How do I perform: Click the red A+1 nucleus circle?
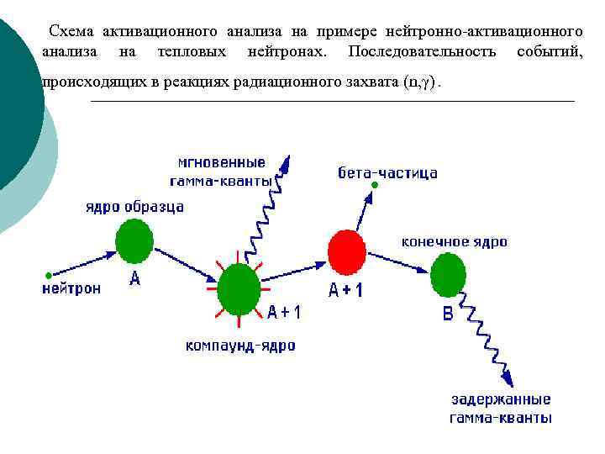coord(347,251)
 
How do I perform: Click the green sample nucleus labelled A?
coord(134,240)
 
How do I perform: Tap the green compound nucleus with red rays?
coord(239,288)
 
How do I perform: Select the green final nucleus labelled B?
coord(448,275)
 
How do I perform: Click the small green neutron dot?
coord(49,274)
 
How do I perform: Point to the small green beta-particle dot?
coord(376,185)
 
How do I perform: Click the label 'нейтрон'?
coord(71,288)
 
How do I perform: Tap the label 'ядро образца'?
coord(134,207)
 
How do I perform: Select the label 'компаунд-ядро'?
coord(240,346)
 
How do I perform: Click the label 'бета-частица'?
coord(387,173)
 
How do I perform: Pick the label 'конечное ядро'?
coord(454,241)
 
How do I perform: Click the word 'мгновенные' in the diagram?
coord(222,162)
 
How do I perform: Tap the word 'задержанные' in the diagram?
coord(501,399)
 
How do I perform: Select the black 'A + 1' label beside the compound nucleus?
coord(284,312)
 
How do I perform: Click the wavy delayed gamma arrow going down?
coord(487,336)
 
